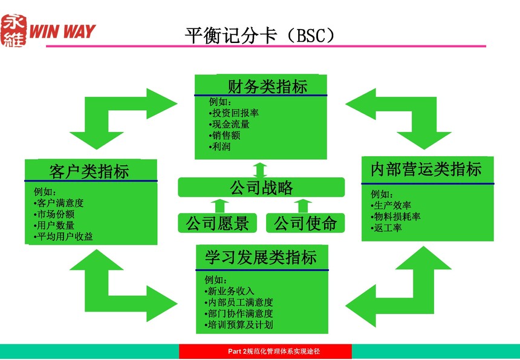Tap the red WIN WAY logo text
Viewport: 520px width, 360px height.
[62, 31]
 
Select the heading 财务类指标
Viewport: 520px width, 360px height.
[267, 87]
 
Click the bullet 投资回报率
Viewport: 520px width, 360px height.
[234, 113]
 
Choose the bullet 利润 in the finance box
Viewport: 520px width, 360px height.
[220, 146]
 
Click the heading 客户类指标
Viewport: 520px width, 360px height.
[89, 172]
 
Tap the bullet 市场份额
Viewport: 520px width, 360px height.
[54, 214]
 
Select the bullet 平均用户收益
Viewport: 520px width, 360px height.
[63, 236]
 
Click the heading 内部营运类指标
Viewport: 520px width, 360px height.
[426, 169]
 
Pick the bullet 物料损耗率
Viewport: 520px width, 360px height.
[395, 217]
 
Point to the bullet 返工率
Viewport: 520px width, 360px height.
[386, 227]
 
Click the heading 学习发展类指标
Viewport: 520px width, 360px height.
[261, 257]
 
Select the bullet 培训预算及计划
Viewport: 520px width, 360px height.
[239, 324]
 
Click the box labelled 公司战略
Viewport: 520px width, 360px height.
[261, 187]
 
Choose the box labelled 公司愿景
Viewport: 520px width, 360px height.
[217, 223]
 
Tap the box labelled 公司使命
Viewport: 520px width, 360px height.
[305, 223]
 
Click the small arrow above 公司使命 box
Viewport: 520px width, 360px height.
[303, 206]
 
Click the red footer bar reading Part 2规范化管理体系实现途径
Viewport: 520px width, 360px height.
[265, 352]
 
